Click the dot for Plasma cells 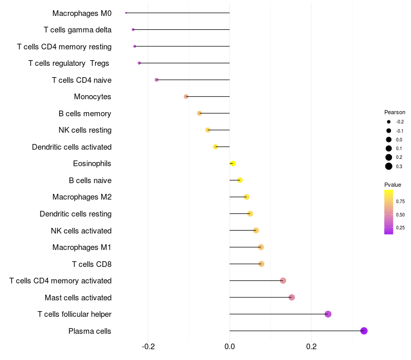[364, 331]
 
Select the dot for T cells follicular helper [328, 314]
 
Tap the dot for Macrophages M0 [126, 13]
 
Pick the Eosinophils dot [232, 164]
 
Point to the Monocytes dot [186, 97]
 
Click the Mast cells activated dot [291, 297]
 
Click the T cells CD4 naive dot [156, 80]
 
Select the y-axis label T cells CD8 [91, 264]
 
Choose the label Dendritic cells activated [71, 147]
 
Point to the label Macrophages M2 [82, 197]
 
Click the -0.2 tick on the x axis [148, 347]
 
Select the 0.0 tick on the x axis [230, 347]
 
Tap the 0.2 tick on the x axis [311, 347]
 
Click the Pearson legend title [395, 112]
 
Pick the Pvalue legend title [393, 185]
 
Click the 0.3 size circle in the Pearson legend [389, 166]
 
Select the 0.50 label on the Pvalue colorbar [400, 214]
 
